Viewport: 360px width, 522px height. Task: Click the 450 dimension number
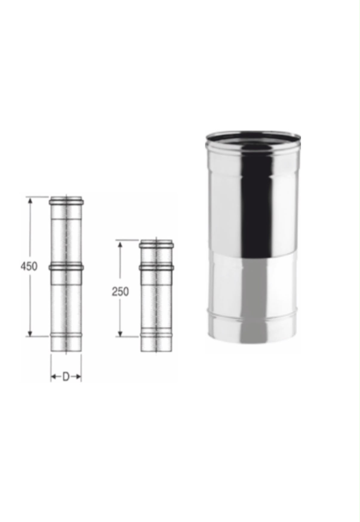click(29, 266)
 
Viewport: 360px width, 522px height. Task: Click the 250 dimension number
click(120, 291)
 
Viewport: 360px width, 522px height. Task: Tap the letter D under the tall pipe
click(66, 377)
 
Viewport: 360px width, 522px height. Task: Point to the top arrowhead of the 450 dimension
click(30, 201)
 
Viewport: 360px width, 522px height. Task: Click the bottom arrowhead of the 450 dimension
click(30, 332)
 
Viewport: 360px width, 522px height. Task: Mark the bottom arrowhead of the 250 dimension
click(120, 333)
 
